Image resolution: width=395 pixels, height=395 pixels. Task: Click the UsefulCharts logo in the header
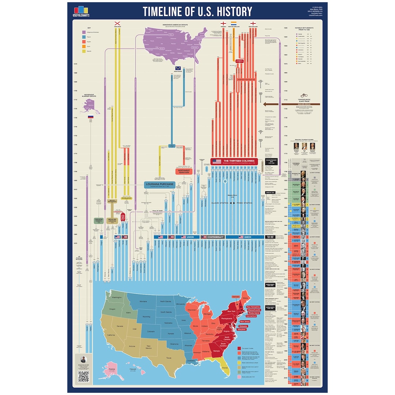coord(81,11)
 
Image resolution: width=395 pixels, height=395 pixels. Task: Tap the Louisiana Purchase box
coord(159,185)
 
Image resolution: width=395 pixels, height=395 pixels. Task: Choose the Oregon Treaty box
coord(97,220)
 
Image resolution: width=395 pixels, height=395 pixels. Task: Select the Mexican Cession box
coord(112,220)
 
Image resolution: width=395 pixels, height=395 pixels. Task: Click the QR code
coord(83,377)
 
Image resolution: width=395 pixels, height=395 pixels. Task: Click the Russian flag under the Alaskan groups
coord(90,117)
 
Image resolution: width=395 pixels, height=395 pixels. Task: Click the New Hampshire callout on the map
coord(253,306)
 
